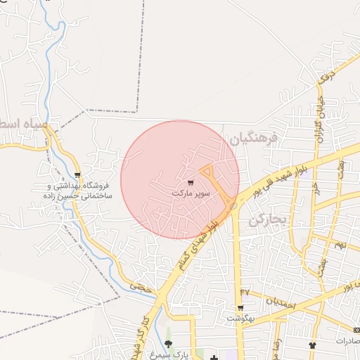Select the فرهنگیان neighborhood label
[253, 139]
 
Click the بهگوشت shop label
[240, 318]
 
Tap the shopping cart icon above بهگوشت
[240, 308]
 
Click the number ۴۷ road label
[245, 291]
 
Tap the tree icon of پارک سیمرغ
[168, 344]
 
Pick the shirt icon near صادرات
[312, 345]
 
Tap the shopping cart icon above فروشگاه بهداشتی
[77, 175]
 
